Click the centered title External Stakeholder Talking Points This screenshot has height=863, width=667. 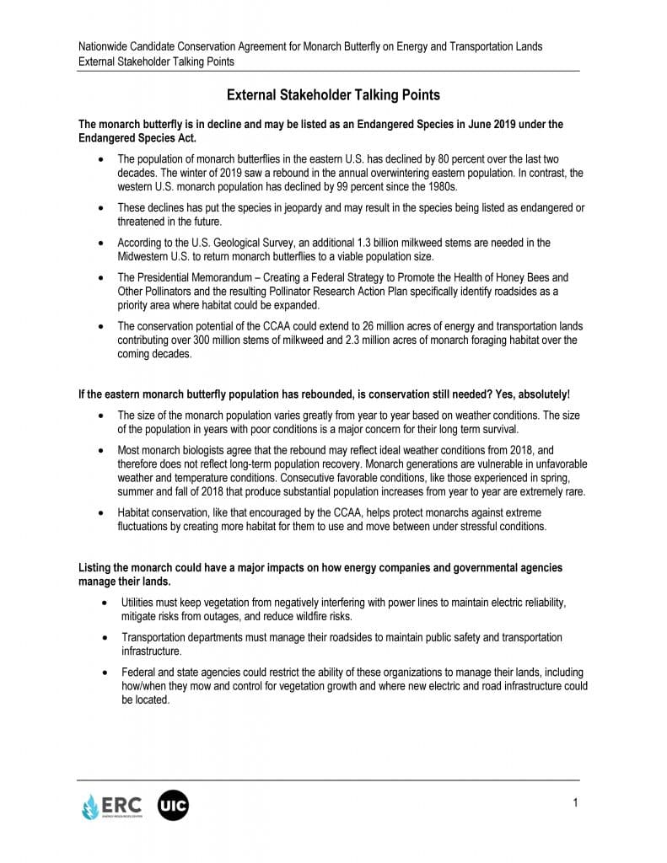click(333, 95)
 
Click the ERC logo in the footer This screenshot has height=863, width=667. click(111, 806)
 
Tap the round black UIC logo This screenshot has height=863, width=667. click(173, 806)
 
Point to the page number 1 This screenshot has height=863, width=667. click(575, 802)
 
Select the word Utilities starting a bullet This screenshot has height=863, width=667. click(139, 603)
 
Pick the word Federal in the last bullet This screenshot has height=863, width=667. click(138, 673)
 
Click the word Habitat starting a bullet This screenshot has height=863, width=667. click(136, 512)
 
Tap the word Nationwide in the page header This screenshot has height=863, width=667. click(105, 46)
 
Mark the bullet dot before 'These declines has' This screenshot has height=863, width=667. click(102, 208)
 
